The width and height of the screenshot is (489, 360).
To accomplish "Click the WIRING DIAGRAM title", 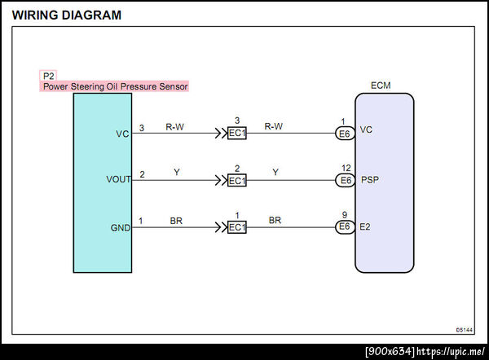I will coord(67,15).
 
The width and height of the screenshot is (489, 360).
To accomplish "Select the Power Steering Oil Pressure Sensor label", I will coord(116,86).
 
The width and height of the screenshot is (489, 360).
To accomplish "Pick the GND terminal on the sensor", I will coord(121,227).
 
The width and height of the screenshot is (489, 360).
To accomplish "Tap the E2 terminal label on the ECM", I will coord(366,226).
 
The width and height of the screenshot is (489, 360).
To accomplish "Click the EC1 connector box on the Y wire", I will coord(236,180).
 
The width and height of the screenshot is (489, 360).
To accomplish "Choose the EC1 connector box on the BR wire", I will coord(236,226).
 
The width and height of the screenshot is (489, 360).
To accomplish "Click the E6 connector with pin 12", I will coord(346,180).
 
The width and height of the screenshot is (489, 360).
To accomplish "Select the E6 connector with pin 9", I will coord(346,226).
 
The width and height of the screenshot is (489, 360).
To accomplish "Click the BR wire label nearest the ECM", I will coord(275,220).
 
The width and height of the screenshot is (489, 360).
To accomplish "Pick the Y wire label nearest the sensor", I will coord(176,173).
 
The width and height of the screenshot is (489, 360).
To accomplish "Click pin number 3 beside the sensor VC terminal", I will coord(142,128).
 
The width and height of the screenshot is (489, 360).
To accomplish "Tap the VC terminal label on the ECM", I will coord(366,129).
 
